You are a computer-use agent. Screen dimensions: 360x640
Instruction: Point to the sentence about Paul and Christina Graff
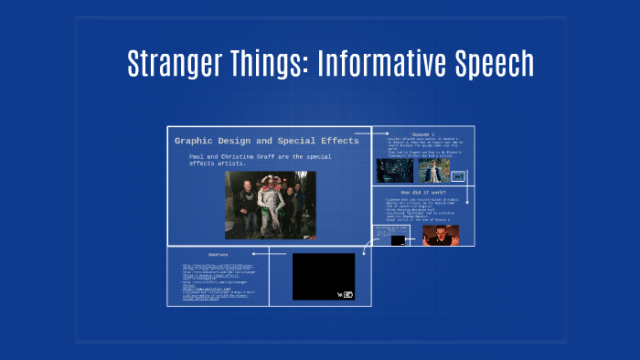pos(261,161)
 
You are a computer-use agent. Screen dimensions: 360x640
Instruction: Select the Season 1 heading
pos(422,133)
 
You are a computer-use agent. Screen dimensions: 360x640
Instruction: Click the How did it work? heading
pos(422,192)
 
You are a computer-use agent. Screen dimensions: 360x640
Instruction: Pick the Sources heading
pos(219,254)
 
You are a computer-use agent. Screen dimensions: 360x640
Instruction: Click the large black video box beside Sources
pos(323,275)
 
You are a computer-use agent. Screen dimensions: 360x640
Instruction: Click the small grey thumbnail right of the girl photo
pos(458,175)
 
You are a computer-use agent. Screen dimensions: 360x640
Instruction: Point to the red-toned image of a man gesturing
pos(441,234)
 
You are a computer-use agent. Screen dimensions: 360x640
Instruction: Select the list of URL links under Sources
pos(216,284)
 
